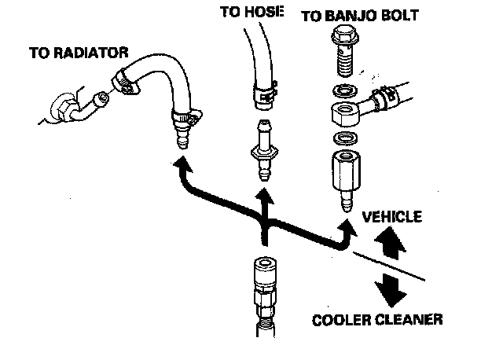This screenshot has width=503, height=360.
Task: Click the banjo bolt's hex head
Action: (x=343, y=35)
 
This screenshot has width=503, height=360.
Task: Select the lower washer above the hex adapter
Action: (x=343, y=139)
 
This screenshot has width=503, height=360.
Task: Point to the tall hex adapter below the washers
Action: (x=343, y=174)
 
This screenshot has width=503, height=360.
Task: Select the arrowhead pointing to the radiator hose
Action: (x=182, y=164)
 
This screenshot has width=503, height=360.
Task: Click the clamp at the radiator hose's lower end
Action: (x=185, y=119)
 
